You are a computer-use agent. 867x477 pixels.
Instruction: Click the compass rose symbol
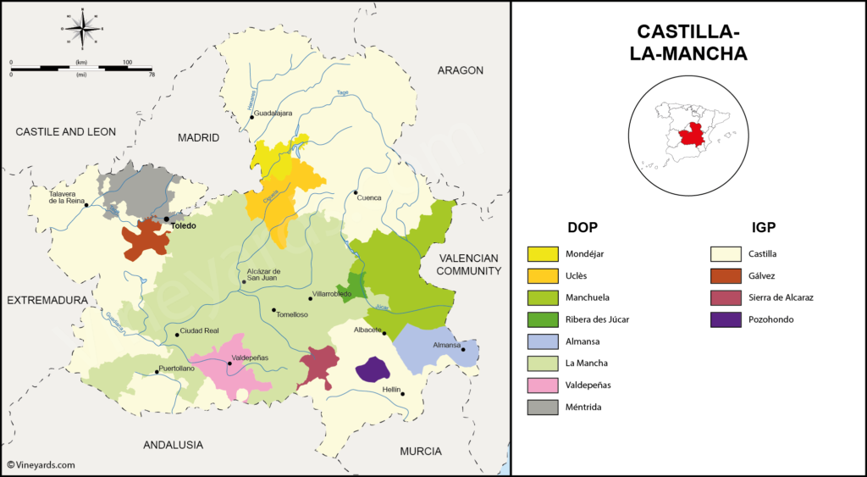[x=82, y=29]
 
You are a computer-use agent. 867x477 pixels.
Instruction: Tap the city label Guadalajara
[x=273, y=113]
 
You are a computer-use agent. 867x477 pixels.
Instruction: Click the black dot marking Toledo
[x=167, y=219]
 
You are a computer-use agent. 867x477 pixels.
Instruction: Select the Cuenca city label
[x=369, y=197]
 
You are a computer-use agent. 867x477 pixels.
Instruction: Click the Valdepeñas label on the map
[x=250, y=358]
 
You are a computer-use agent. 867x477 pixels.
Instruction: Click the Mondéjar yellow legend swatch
[x=543, y=253]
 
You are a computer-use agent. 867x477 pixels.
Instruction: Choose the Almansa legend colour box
[x=543, y=341]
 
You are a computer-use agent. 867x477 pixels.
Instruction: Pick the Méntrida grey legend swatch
[x=543, y=408]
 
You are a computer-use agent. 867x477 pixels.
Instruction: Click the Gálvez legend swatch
[x=726, y=275]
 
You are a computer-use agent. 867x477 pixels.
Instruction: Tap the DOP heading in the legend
[x=583, y=227]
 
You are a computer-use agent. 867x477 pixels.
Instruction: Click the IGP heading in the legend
[x=763, y=227]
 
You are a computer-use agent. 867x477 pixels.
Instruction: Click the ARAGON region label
[x=460, y=70]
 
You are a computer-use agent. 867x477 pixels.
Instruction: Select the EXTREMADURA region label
[x=47, y=301]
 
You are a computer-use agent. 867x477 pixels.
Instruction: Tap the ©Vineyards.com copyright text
[x=41, y=464]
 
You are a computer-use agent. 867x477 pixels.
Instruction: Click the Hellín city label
[x=391, y=389]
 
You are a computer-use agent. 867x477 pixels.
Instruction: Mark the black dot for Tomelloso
[x=273, y=310]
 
